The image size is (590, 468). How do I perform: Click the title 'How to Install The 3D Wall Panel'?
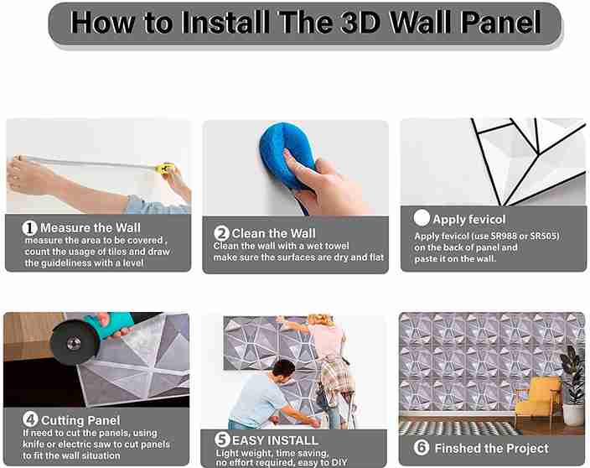(x=305, y=23)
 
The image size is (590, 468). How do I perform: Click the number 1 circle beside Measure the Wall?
(x=29, y=227)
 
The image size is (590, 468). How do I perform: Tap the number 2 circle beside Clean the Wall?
(x=222, y=233)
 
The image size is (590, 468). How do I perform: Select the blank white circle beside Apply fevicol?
(x=422, y=218)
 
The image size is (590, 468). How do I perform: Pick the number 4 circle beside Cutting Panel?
(x=29, y=419)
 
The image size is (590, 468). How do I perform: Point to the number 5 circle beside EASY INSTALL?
(x=221, y=439)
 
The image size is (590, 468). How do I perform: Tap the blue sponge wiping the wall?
(x=288, y=153)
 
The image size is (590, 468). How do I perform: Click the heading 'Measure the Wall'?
(x=91, y=227)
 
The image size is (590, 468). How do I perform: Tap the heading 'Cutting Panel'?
(x=80, y=419)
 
